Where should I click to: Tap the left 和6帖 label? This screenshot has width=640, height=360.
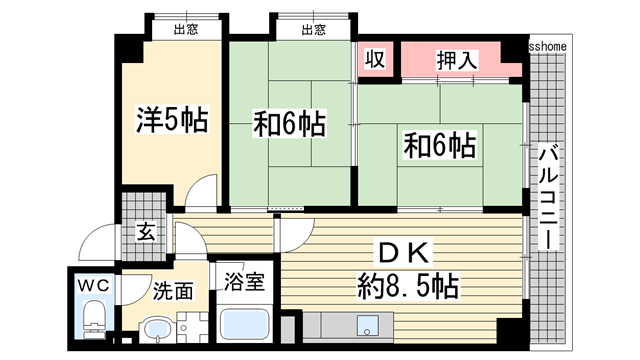tap(289, 125)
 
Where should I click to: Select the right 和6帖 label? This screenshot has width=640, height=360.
tap(440, 144)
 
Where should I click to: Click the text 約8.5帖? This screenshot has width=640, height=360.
tap(408, 288)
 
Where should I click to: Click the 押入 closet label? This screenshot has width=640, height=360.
tap(456, 60)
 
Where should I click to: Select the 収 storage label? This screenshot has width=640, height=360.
tap(374, 59)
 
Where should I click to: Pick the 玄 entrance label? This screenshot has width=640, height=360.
tap(146, 234)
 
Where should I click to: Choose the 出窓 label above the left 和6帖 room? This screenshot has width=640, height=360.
tap(312, 30)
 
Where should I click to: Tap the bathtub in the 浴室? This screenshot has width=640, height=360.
tap(246, 324)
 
